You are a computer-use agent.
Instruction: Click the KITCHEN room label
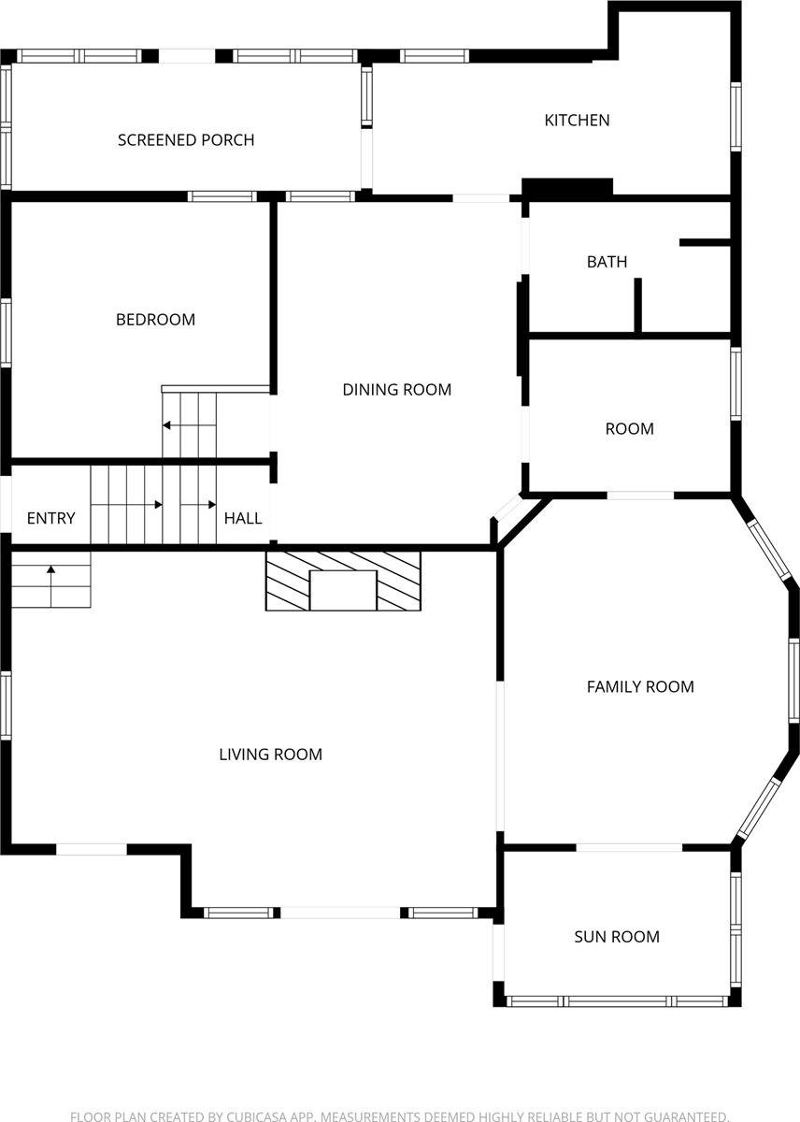(x=577, y=121)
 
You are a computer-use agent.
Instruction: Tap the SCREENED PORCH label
(x=186, y=139)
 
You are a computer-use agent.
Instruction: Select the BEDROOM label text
(x=155, y=320)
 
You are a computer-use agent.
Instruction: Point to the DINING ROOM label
(x=396, y=389)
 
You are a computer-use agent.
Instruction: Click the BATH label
(x=607, y=262)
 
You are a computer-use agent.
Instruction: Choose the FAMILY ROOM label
(x=640, y=686)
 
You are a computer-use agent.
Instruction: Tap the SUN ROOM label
(x=617, y=937)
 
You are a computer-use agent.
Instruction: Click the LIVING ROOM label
(x=270, y=755)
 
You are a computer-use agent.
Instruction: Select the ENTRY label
(x=51, y=518)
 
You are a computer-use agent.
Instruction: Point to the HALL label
(x=243, y=518)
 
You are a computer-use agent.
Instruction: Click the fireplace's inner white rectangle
(x=343, y=590)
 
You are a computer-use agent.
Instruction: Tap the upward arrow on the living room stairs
(x=51, y=586)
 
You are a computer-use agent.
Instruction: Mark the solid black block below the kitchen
(x=567, y=187)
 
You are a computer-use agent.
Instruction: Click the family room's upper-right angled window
(x=769, y=551)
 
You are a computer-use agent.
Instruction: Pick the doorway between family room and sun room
(x=629, y=847)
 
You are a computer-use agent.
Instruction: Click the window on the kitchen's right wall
(x=736, y=117)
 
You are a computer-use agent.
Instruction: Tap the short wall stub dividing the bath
(x=637, y=305)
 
